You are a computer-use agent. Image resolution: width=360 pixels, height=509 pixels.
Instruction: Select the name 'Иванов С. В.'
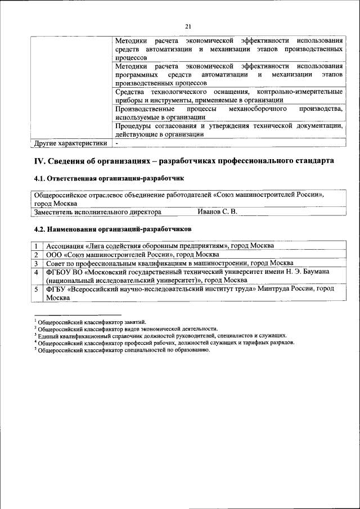point(217,211)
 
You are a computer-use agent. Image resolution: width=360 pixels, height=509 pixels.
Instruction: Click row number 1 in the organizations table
point(35,246)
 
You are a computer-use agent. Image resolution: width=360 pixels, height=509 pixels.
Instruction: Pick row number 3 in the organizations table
point(35,263)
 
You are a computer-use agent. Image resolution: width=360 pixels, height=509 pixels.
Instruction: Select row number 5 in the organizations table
point(35,289)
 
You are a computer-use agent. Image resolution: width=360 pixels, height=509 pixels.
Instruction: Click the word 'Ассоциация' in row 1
point(65,246)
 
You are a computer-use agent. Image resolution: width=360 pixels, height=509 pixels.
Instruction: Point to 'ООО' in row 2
point(55,254)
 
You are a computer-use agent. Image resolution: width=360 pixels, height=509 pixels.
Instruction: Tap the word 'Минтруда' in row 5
point(274,289)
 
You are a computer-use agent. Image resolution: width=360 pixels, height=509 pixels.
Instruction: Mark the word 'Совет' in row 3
point(56,263)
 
